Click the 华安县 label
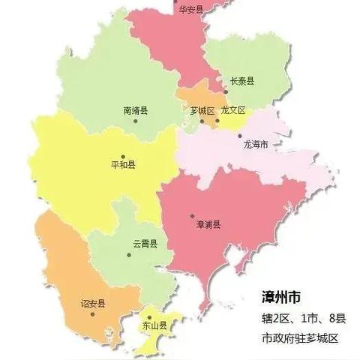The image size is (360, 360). (x=190, y=10)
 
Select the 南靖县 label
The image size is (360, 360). (x=136, y=110)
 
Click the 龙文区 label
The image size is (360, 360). (x=234, y=110)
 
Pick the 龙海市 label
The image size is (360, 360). (x=256, y=144)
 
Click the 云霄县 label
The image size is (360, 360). (x=145, y=244)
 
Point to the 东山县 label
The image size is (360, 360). (x=154, y=325)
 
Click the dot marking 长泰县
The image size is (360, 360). (x=225, y=92)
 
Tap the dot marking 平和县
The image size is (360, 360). (x=123, y=157)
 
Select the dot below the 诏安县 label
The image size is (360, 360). (x=92, y=313)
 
